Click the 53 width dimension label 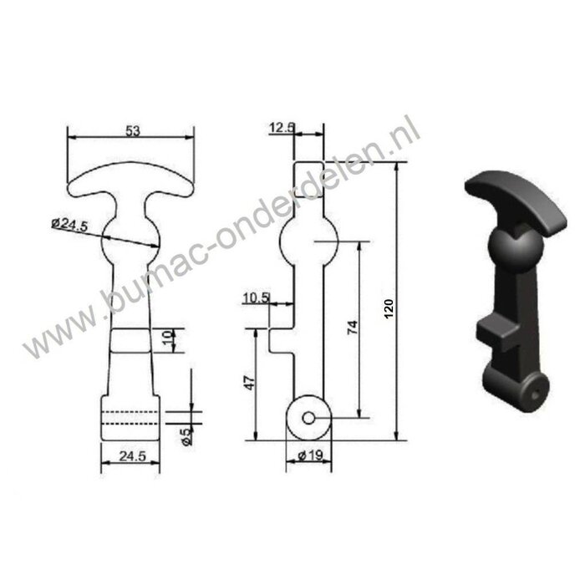point(131,130)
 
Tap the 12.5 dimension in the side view point(282,128)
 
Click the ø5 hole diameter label point(186,435)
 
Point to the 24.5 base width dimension point(129,456)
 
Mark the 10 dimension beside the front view point(166,340)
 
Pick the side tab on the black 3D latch point(496,334)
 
